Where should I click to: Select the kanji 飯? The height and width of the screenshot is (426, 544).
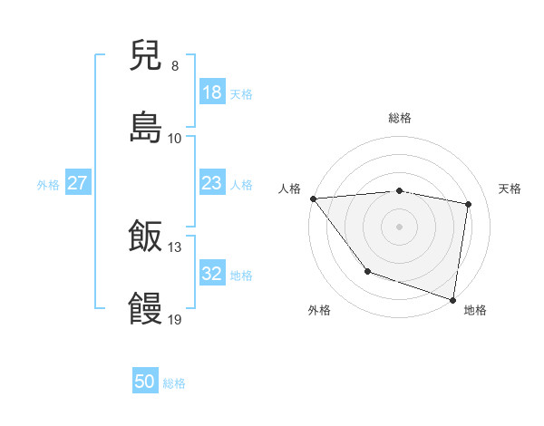tap(146, 237)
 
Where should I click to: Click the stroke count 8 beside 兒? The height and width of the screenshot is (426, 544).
tap(175, 65)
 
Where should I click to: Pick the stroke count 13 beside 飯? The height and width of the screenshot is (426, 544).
tap(175, 247)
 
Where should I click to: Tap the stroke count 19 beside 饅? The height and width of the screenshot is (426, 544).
tap(175, 319)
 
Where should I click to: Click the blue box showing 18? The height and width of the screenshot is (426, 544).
tap(211, 92)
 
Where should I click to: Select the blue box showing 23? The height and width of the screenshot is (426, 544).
tap(211, 183)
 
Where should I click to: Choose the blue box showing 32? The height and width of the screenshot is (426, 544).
tap(211, 274)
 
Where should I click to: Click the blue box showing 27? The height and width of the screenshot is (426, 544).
tap(78, 183)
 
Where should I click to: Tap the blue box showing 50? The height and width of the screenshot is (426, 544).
tap(145, 382)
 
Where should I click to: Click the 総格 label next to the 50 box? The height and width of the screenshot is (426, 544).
tap(174, 383)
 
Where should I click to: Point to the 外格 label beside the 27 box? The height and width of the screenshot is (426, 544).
tap(48, 184)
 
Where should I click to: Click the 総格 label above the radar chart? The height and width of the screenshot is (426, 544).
tap(400, 118)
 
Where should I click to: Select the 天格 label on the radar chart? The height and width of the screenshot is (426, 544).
tap(510, 189)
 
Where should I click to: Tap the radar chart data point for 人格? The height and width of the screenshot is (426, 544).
tap(313, 198)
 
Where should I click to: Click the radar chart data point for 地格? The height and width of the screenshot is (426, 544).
tap(452, 299)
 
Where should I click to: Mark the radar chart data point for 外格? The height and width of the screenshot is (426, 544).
tap(367, 271)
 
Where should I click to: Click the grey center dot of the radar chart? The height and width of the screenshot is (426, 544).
tap(400, 226)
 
